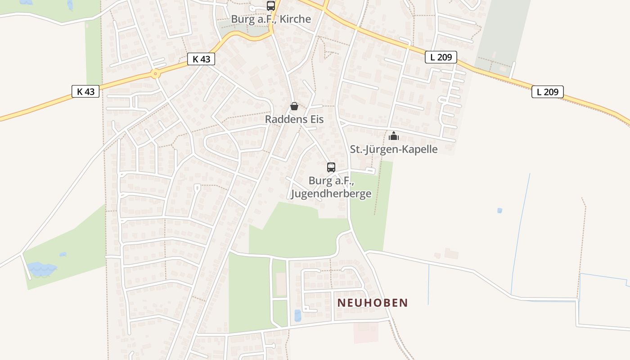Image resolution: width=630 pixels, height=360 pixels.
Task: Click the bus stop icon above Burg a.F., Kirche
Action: click(x=270, y=6)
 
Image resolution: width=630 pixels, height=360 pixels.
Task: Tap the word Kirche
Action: click(x=295, y=19)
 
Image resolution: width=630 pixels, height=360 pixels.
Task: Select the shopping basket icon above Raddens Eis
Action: click(x=294, y=106)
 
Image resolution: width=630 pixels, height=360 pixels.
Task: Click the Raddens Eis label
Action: click(x=294, y=119)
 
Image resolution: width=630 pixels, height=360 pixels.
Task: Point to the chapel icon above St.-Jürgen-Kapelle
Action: click(x=394, y=135)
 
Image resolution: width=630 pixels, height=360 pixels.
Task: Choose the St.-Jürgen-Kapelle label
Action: click(x=394, y=149)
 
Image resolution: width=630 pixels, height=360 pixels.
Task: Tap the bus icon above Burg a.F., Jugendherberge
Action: click(x=331, y=167)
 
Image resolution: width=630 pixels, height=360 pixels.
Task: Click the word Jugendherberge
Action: click(x=331, y=193)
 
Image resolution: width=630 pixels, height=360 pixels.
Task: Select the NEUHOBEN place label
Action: click(x=373, y=303)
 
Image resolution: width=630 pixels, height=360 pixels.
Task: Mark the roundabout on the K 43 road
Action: click(x=156, y=74)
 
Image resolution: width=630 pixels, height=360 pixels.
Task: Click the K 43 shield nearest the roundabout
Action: click(x=201, y=59)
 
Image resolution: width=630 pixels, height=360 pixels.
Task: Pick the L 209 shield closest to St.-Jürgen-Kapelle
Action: click(x=441, y=57)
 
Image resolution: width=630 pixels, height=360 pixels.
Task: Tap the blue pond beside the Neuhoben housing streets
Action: click(x=297, y=315)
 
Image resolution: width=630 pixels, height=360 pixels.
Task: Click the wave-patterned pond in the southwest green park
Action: click(x=41, y=269)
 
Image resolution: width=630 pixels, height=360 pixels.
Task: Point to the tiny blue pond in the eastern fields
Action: click(x=499, y=210)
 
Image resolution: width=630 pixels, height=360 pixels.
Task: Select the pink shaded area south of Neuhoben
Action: click(x=366, y=333)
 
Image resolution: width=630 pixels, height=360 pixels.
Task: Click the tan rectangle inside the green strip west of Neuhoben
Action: click(x=280, y=284)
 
